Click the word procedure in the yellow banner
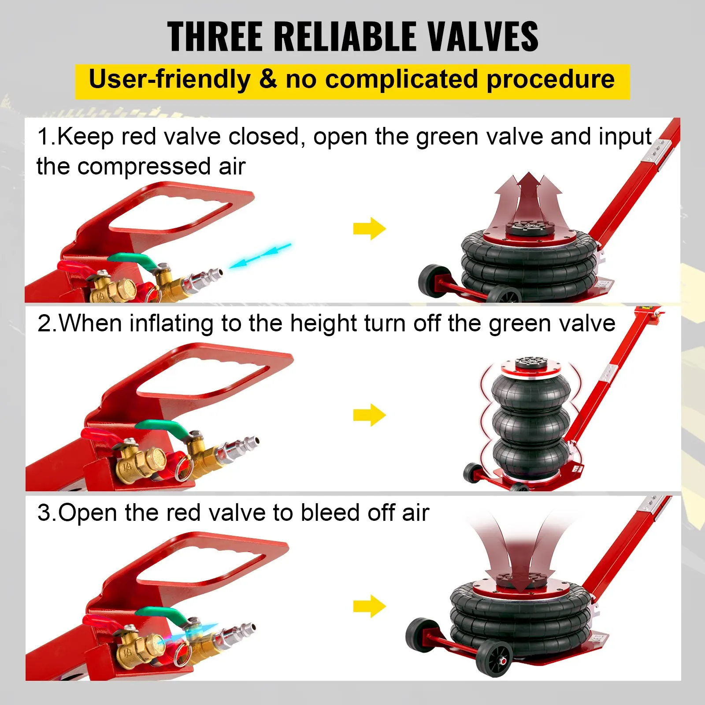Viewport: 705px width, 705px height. click(x=551, y=80)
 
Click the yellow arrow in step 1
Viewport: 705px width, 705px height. click(x=369, y=229)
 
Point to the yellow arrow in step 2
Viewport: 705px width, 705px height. click(x=369, y=415)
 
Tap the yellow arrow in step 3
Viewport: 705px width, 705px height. click(x=369, y=606)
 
